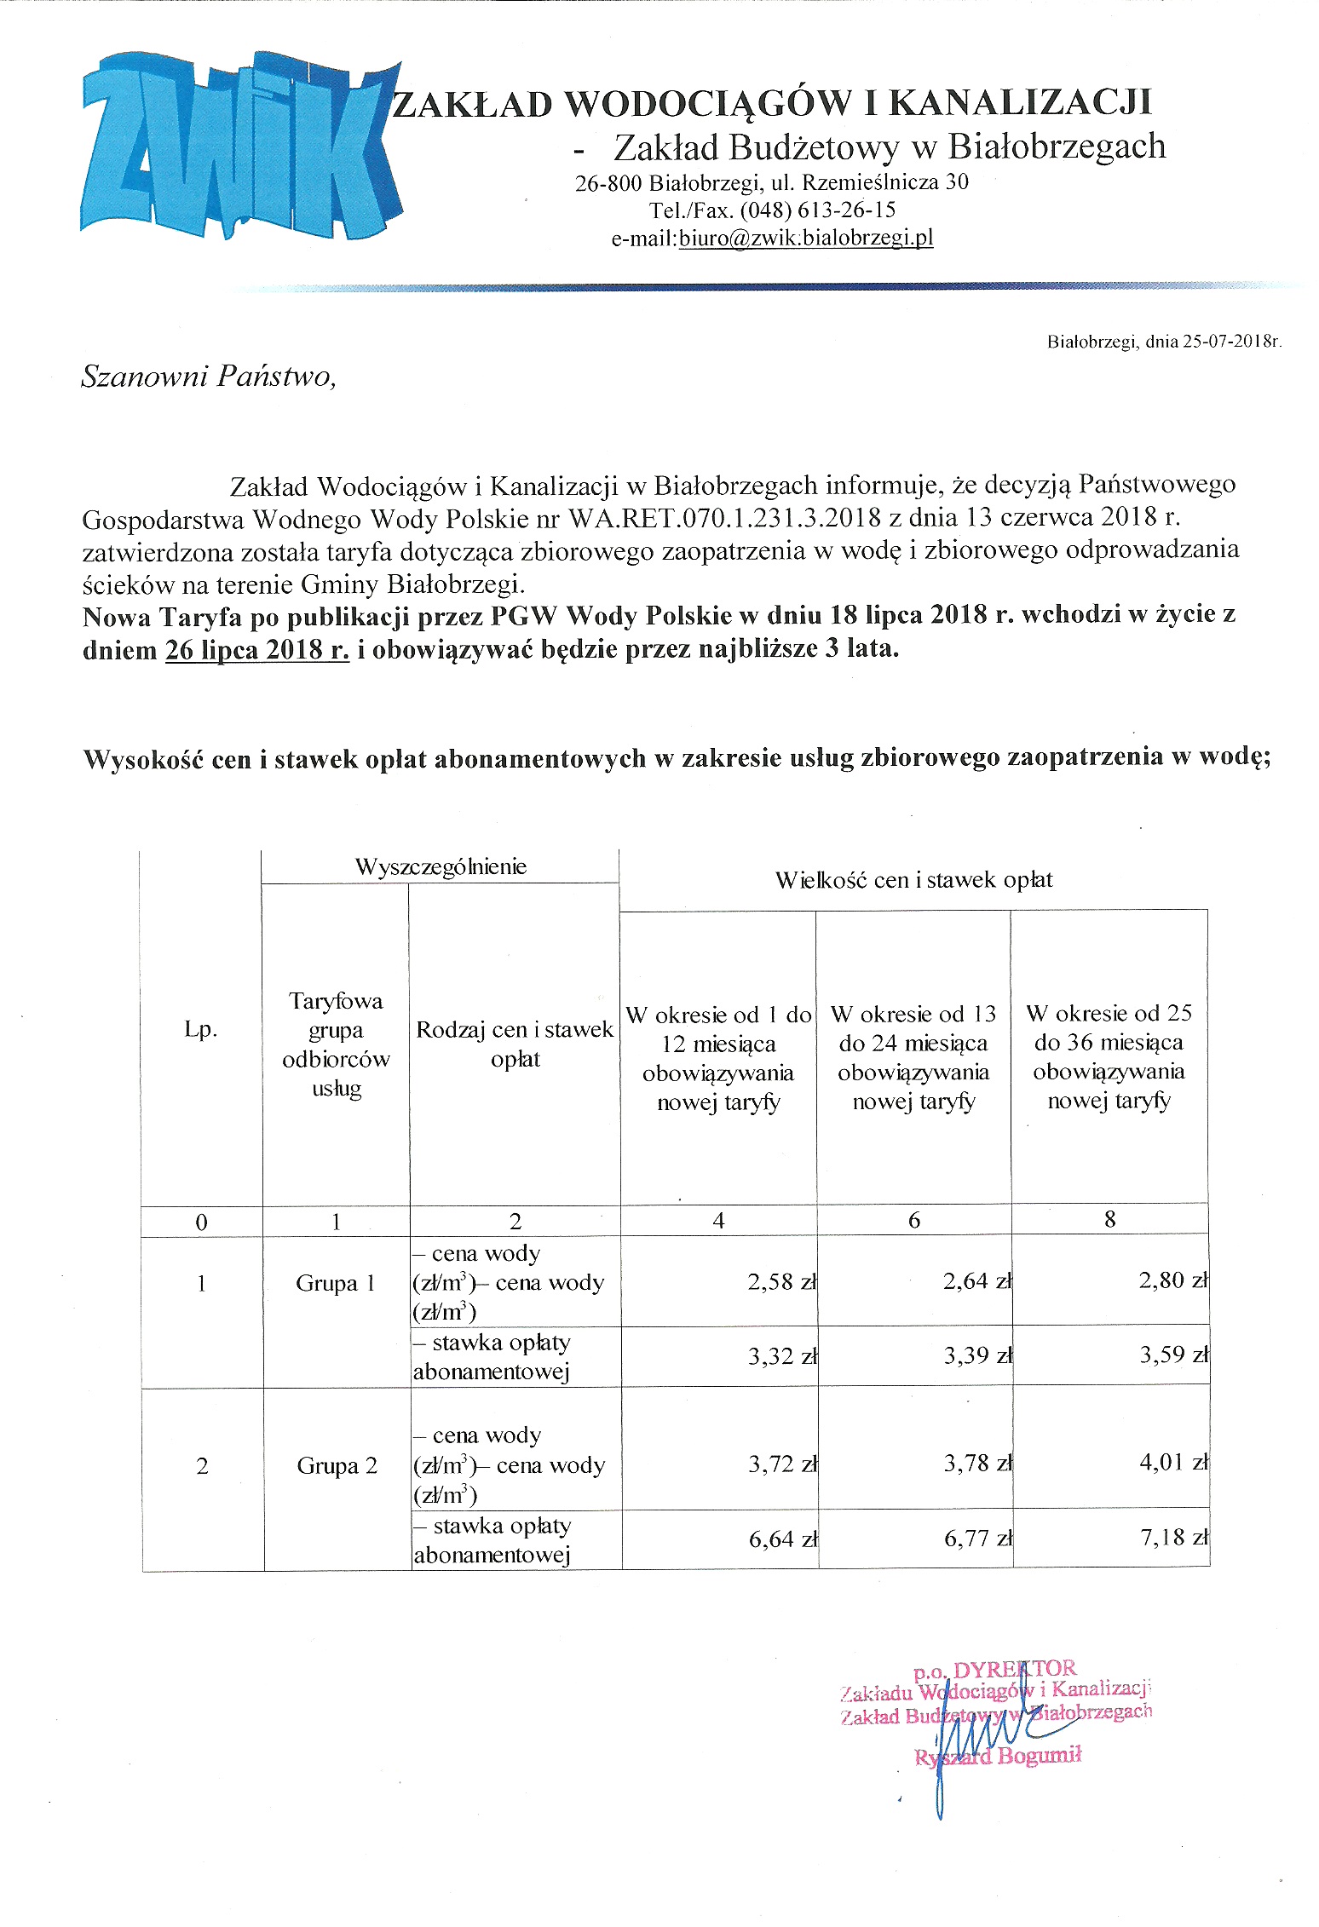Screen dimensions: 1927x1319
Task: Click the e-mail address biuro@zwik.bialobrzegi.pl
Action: pos(805,238)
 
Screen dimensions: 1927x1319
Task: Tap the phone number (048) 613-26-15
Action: pos(817,210)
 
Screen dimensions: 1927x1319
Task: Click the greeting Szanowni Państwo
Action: pos(209,376)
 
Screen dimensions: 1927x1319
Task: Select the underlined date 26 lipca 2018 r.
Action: pos(257,650)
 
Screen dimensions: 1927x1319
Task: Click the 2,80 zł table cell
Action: pos(1172,1280)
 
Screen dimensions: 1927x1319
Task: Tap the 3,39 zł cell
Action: pos(976,1355)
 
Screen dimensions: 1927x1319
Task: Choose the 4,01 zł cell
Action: pos(1172,1463)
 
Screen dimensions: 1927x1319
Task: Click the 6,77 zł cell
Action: pos(976,1539)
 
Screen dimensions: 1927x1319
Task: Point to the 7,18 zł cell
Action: pos(1172,1537)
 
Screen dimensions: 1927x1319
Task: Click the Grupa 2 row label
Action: pos(337,1465)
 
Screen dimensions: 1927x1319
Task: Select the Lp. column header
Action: pos(201,1029)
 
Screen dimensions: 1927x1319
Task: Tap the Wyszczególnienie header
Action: pos(441,866)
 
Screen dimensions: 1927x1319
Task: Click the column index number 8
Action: pos(1109,1219)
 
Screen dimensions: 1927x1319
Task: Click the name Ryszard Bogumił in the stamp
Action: pos(998,1755)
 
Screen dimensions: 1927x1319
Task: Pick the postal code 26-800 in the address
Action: pos(608,182)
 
